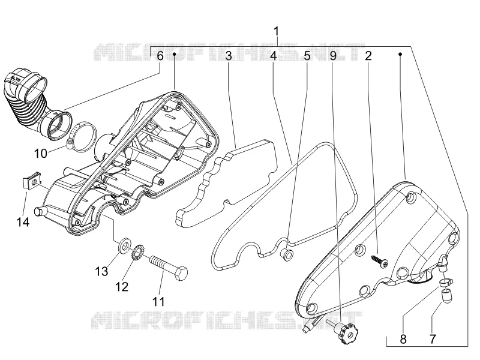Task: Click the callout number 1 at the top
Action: [x=277, y=32]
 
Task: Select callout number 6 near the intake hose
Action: [x=160, y=56]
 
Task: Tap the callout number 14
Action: [x=23, y=222]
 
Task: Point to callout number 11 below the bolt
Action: [x=158, y=302]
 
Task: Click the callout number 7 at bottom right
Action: [x=432, y=339]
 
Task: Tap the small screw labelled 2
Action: [x=380, y=261]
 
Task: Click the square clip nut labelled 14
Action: [x=32, y=181]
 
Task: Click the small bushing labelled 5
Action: [x=287, y=255]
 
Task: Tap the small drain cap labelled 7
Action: [x=446, y=296]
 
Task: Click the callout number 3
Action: [x=229, y=56]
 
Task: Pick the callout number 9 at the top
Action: [x=333, y=56]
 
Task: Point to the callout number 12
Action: [x=122, y=287]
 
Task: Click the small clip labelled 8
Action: [x=447, y=282]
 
